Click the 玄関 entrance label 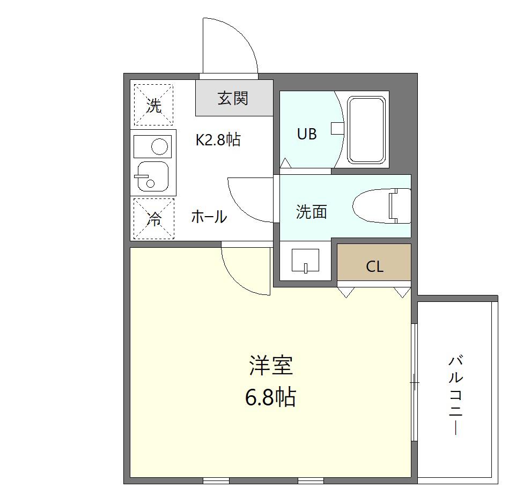coord(233,98)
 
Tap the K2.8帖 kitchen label coord(218,140)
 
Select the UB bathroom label coord(307,134)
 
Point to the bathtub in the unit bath coord(366,130)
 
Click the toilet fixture coord(382,206)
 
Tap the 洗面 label coord(311,212)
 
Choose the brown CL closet coord(374,262)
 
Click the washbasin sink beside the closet coord(305,261)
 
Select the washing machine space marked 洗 coord(153,105)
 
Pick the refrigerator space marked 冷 coord(154,218)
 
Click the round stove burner coord(160,146)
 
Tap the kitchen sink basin coord(153,176)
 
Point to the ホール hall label coord(209,217)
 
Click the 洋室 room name coord(271,365)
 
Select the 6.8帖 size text coord(270,397)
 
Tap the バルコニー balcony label coord(456,395)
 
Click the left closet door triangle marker coord(346,292)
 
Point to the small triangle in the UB coord(285,162)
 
